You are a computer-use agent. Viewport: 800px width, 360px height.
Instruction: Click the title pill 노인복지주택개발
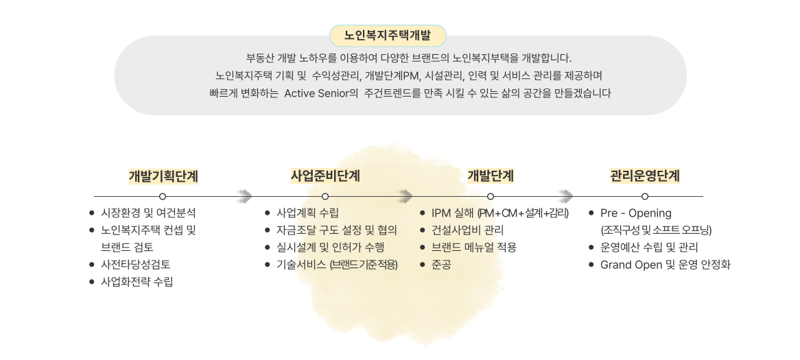388,36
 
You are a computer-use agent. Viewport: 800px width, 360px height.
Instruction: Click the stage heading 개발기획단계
163,176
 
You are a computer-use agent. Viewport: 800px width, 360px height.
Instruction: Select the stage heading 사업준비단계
325,176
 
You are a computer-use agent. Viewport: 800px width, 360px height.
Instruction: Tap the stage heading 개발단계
491,176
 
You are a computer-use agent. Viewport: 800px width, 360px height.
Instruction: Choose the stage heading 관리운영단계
645,176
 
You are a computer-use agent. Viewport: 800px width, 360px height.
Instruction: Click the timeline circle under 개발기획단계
163,197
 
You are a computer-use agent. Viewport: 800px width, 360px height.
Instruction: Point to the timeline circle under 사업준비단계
325,197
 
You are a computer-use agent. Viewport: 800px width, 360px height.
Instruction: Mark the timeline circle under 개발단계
491,197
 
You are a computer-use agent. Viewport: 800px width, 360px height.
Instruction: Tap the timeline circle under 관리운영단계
645,197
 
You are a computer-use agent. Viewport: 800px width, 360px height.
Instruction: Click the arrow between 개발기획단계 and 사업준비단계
244,197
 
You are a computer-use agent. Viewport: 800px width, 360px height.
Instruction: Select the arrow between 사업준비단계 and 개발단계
406,197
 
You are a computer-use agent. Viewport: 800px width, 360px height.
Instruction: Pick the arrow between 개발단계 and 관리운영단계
566,197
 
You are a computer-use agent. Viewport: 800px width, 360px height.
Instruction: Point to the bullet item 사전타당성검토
136,264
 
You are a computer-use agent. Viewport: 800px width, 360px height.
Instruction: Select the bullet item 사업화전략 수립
137,281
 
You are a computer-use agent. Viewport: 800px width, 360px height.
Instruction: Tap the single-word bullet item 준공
441,264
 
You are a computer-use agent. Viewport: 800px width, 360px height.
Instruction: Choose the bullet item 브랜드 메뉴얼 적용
473,247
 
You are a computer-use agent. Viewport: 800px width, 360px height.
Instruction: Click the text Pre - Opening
635,213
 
